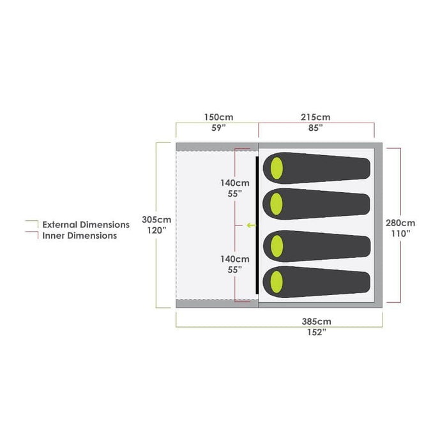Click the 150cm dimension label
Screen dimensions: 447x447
coord(218,117)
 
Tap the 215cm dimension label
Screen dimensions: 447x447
coord(315,117)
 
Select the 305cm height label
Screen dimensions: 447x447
coord(156,220)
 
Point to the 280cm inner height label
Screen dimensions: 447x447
coord(400,223)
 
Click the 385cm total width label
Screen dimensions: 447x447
coord(317,322)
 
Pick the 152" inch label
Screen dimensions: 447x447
coord(317,333)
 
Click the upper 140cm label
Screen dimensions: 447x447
coord(235,183)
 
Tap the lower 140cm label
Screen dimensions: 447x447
coord(235,259)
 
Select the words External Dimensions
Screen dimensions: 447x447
coord(86,225)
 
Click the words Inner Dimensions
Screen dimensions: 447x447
coord(80,236)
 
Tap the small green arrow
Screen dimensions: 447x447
coord(251,225)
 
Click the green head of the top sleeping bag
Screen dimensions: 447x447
coord(277,168)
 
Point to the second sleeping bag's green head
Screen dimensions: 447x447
coord(277,204)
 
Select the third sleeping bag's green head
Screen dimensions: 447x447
coord(277,246)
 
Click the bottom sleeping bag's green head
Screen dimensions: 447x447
coord(277,282)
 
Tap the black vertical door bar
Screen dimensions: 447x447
coord(257,225)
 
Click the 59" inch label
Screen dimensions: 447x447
coord(218,128)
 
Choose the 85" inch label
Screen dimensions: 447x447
coord(315,128)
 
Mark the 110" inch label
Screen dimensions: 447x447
coord(400,234)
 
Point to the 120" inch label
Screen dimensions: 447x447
coord(156,231)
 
